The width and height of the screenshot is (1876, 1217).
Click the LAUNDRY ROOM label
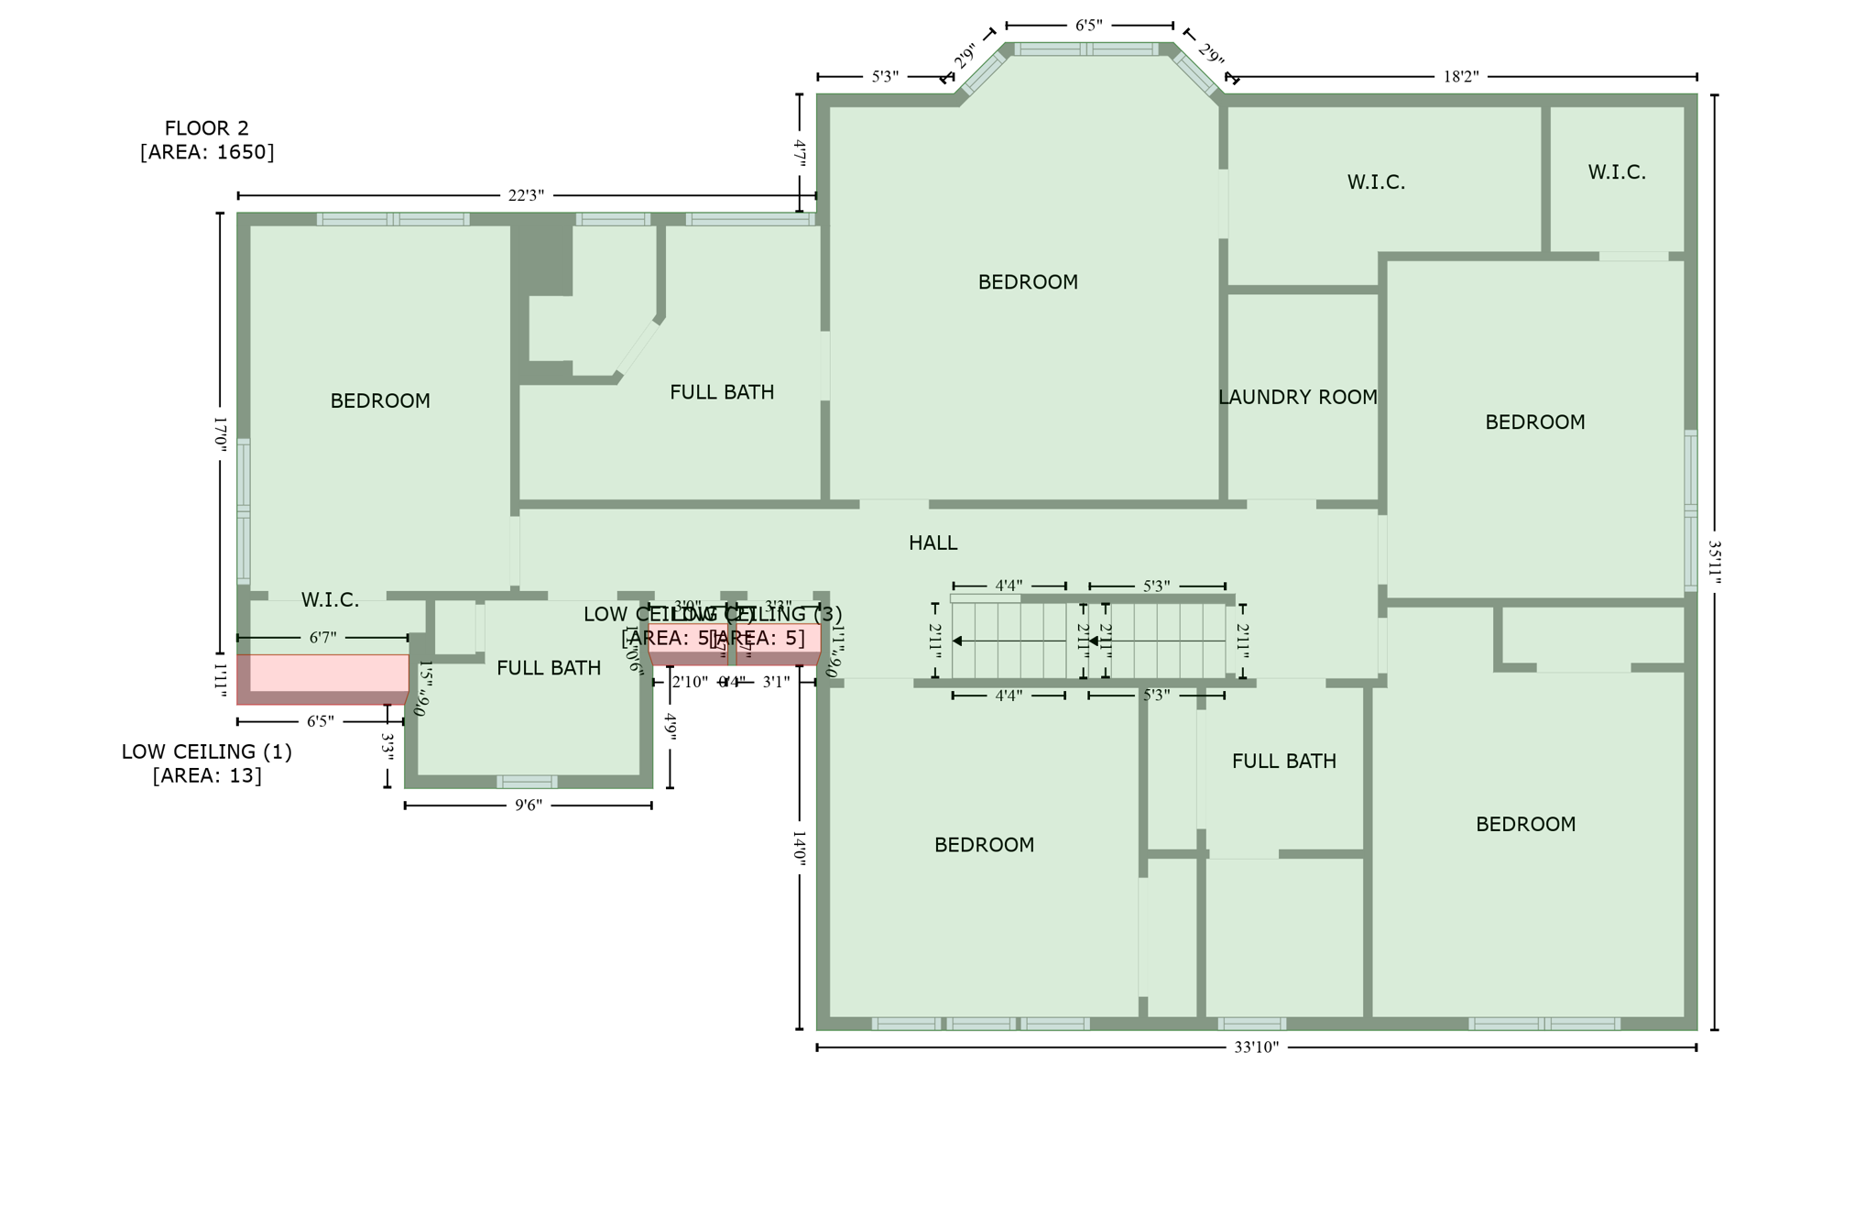(x=1297, y=397)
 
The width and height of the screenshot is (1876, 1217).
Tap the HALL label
(x=933, y=543)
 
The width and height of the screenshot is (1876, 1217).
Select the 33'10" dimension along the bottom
(x=1255, y=1047)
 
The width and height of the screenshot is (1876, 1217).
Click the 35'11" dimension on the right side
(x=1714, y=562)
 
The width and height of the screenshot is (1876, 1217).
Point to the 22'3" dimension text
(x=526, y=195)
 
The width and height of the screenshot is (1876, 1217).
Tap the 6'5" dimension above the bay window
(x=1088, y=25)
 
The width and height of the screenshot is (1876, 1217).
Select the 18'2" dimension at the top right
(x=1461, y=76)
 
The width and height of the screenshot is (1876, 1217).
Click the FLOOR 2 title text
(x=206, y=128)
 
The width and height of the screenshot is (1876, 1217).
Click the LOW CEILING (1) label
(x=206, y=751)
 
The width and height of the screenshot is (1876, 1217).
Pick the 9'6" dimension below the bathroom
(x=528, y=806)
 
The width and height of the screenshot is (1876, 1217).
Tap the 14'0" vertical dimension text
(x=799, y=848)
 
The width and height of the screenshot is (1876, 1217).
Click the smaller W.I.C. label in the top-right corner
(x=1616, y=172)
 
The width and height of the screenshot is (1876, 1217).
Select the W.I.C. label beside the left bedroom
(x=330, y=600)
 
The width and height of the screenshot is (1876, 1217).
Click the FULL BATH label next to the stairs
(x=1283, y=761)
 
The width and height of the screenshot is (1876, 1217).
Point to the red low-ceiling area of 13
(x=322, y=674)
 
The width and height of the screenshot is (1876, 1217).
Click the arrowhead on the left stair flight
(x=957, y=641)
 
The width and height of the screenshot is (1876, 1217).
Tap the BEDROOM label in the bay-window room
(x=1027, y=282)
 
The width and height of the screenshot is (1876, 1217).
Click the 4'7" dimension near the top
(x=799, y=152)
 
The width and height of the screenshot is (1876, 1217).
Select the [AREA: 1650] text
(x=206, y=152)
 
